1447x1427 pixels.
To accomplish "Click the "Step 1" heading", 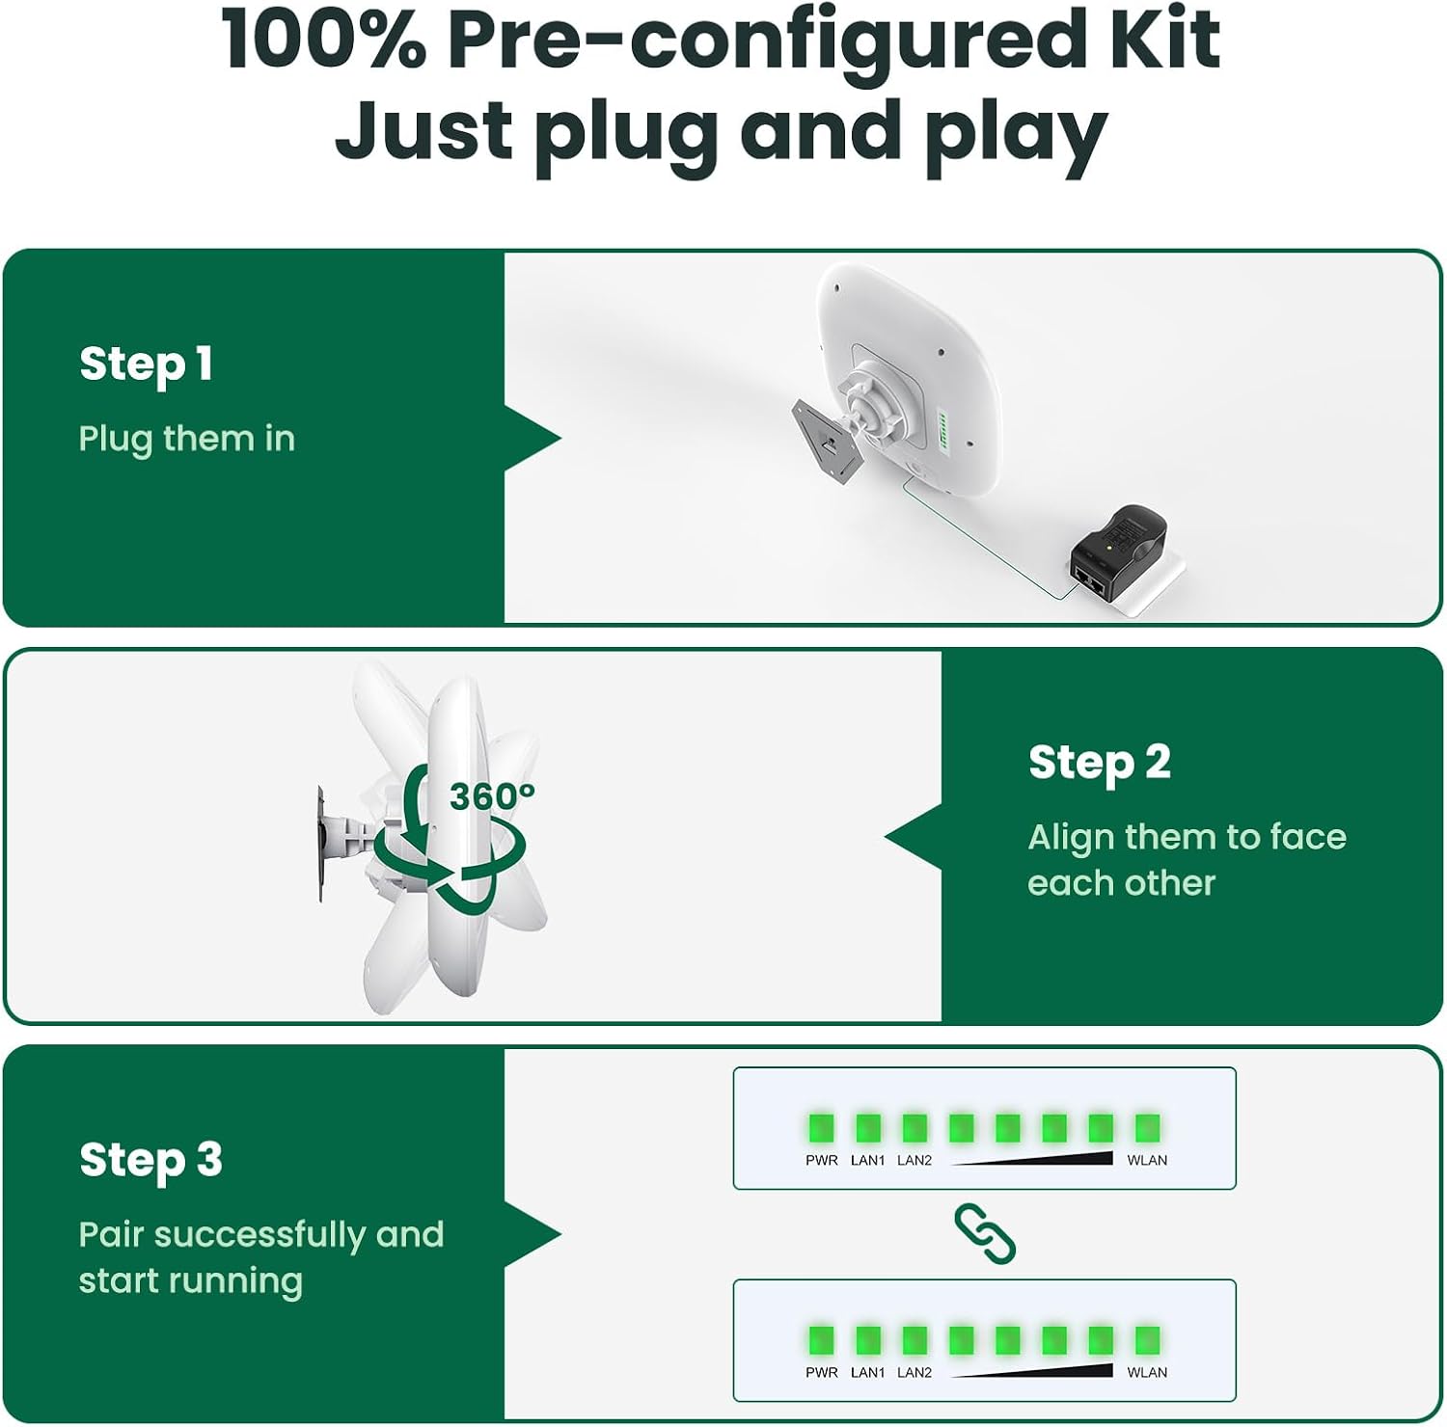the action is tap(146, 364).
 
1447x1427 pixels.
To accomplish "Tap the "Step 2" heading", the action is tap(1100, 763).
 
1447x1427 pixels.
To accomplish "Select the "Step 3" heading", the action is tap(150, 1160).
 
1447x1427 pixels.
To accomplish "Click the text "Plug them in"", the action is tap(186, 439).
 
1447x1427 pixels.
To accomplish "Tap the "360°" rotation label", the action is tap(492, 796).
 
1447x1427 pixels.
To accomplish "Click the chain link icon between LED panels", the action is tap(985, 1233).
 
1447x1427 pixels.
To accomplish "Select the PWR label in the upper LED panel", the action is tap(822, 1160).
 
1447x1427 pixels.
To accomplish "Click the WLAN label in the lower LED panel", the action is tap(1147, 1372).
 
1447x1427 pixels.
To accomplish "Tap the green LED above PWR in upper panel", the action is tap(821, 1127).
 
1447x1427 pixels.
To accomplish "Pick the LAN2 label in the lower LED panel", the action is tap(915, 1372).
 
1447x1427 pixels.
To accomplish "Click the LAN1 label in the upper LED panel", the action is tap(867, 1160).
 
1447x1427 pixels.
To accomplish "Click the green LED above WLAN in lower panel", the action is tap(1147, 1339).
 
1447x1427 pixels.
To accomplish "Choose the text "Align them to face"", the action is tap(1188, 837).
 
